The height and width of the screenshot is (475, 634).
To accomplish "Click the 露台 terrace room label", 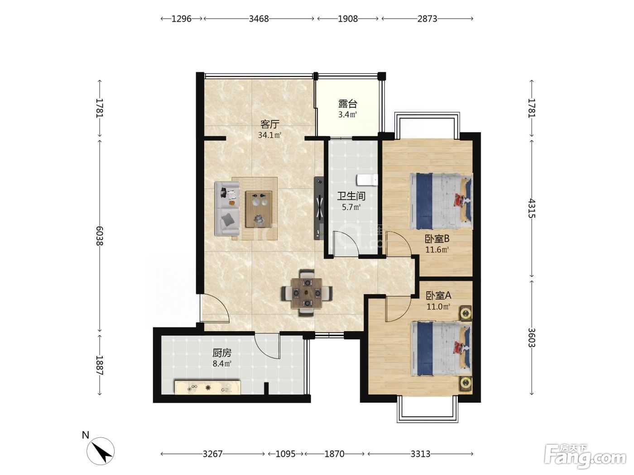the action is click(348, 104).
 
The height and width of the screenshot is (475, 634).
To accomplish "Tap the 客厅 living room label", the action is click(270, 124).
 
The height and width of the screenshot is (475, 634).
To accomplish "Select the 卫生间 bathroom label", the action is click(351, 196).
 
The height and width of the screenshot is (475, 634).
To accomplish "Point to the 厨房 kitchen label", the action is click(222, 353).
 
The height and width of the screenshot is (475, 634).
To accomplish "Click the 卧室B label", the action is click(437, 239).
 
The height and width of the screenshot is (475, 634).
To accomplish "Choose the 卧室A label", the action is click(438, 295).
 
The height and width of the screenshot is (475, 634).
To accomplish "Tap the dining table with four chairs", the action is click(307, 293).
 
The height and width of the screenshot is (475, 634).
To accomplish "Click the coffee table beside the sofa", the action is click(259, 209).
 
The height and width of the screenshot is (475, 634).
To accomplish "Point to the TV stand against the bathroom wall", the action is click(319, 208).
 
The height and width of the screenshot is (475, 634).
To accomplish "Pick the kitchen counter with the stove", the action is click(208, 387).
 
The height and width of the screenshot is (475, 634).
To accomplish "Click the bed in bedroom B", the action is click(441, 201).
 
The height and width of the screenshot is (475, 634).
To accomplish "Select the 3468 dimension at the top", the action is click(259, 19).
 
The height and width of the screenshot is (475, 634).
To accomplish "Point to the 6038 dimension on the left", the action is click(100, 236).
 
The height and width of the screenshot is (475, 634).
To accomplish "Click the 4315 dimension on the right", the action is click(532, 208).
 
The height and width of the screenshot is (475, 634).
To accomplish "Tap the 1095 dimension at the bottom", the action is click(285, 454).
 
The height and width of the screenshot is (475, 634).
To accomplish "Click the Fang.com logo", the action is click(585, 457).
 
